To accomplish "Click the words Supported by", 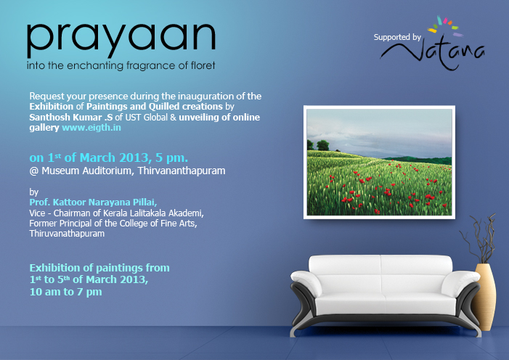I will point(398,36).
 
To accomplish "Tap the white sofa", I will point(384,290).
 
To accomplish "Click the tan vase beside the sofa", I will point(484,287).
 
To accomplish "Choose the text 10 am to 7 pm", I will point(65,292).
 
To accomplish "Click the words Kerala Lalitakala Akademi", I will point(157,213).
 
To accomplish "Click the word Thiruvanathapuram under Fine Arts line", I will point(67,234).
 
